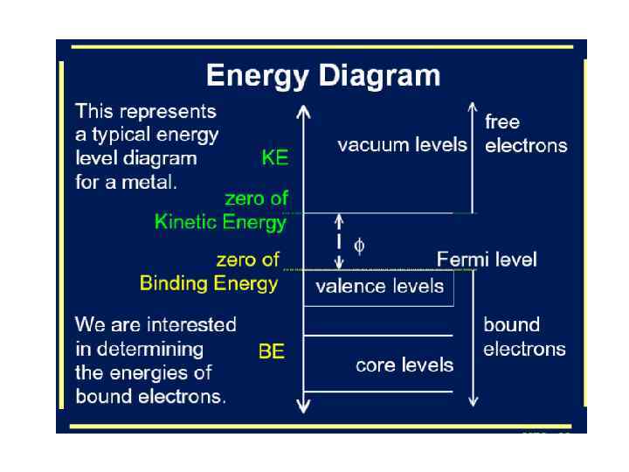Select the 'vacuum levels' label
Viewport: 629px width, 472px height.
pos(402,144)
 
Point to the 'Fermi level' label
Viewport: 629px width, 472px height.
pos(487,260)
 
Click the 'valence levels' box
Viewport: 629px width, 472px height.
pos(378,288)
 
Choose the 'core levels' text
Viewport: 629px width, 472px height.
pos(404,364)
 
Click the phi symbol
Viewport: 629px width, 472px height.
pos(358,246)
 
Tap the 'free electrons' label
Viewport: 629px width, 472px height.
pos(525,134)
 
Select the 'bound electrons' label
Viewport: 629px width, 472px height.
pos(524,337)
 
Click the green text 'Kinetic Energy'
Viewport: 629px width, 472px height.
pos(220,222)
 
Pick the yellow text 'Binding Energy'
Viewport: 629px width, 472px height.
pos(209,283)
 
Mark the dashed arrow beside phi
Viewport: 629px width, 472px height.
pos(339,241)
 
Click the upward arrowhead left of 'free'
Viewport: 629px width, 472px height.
pos(473,111)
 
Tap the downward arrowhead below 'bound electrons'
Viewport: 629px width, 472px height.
pos(473,400)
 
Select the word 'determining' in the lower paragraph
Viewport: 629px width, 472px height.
pos(152,350)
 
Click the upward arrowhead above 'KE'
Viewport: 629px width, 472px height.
pos(303,111)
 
